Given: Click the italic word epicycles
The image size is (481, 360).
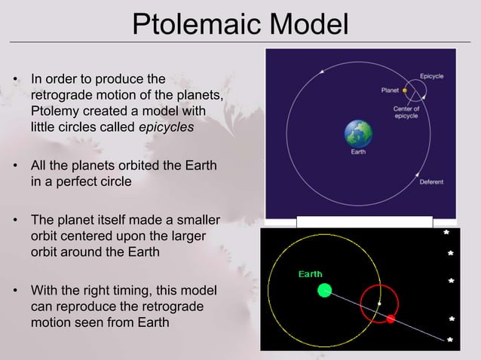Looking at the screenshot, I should click(x=167, y=127).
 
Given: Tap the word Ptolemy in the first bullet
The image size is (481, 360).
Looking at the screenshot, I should click(x=54, y=111).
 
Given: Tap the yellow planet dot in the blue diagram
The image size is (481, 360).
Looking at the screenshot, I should click(x=405, y=90).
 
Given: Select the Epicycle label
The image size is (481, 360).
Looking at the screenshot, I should click(x=431, y=77).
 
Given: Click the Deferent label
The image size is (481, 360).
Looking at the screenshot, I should click(x=431, y=182).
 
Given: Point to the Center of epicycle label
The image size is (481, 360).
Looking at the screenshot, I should click(x=406, y=111).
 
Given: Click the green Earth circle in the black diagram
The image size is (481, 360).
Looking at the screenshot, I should click(x=324, y=290).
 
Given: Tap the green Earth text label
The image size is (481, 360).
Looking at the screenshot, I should click(x=310, y=274).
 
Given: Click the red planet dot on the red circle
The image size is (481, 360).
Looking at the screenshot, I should click(x=391, y=319).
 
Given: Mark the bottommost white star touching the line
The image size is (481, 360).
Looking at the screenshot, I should click(x=450, y=340).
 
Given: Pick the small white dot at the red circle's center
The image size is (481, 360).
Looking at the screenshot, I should click(x=380, y=303).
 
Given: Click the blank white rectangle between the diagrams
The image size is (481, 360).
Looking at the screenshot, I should click(x=364, y=221).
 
